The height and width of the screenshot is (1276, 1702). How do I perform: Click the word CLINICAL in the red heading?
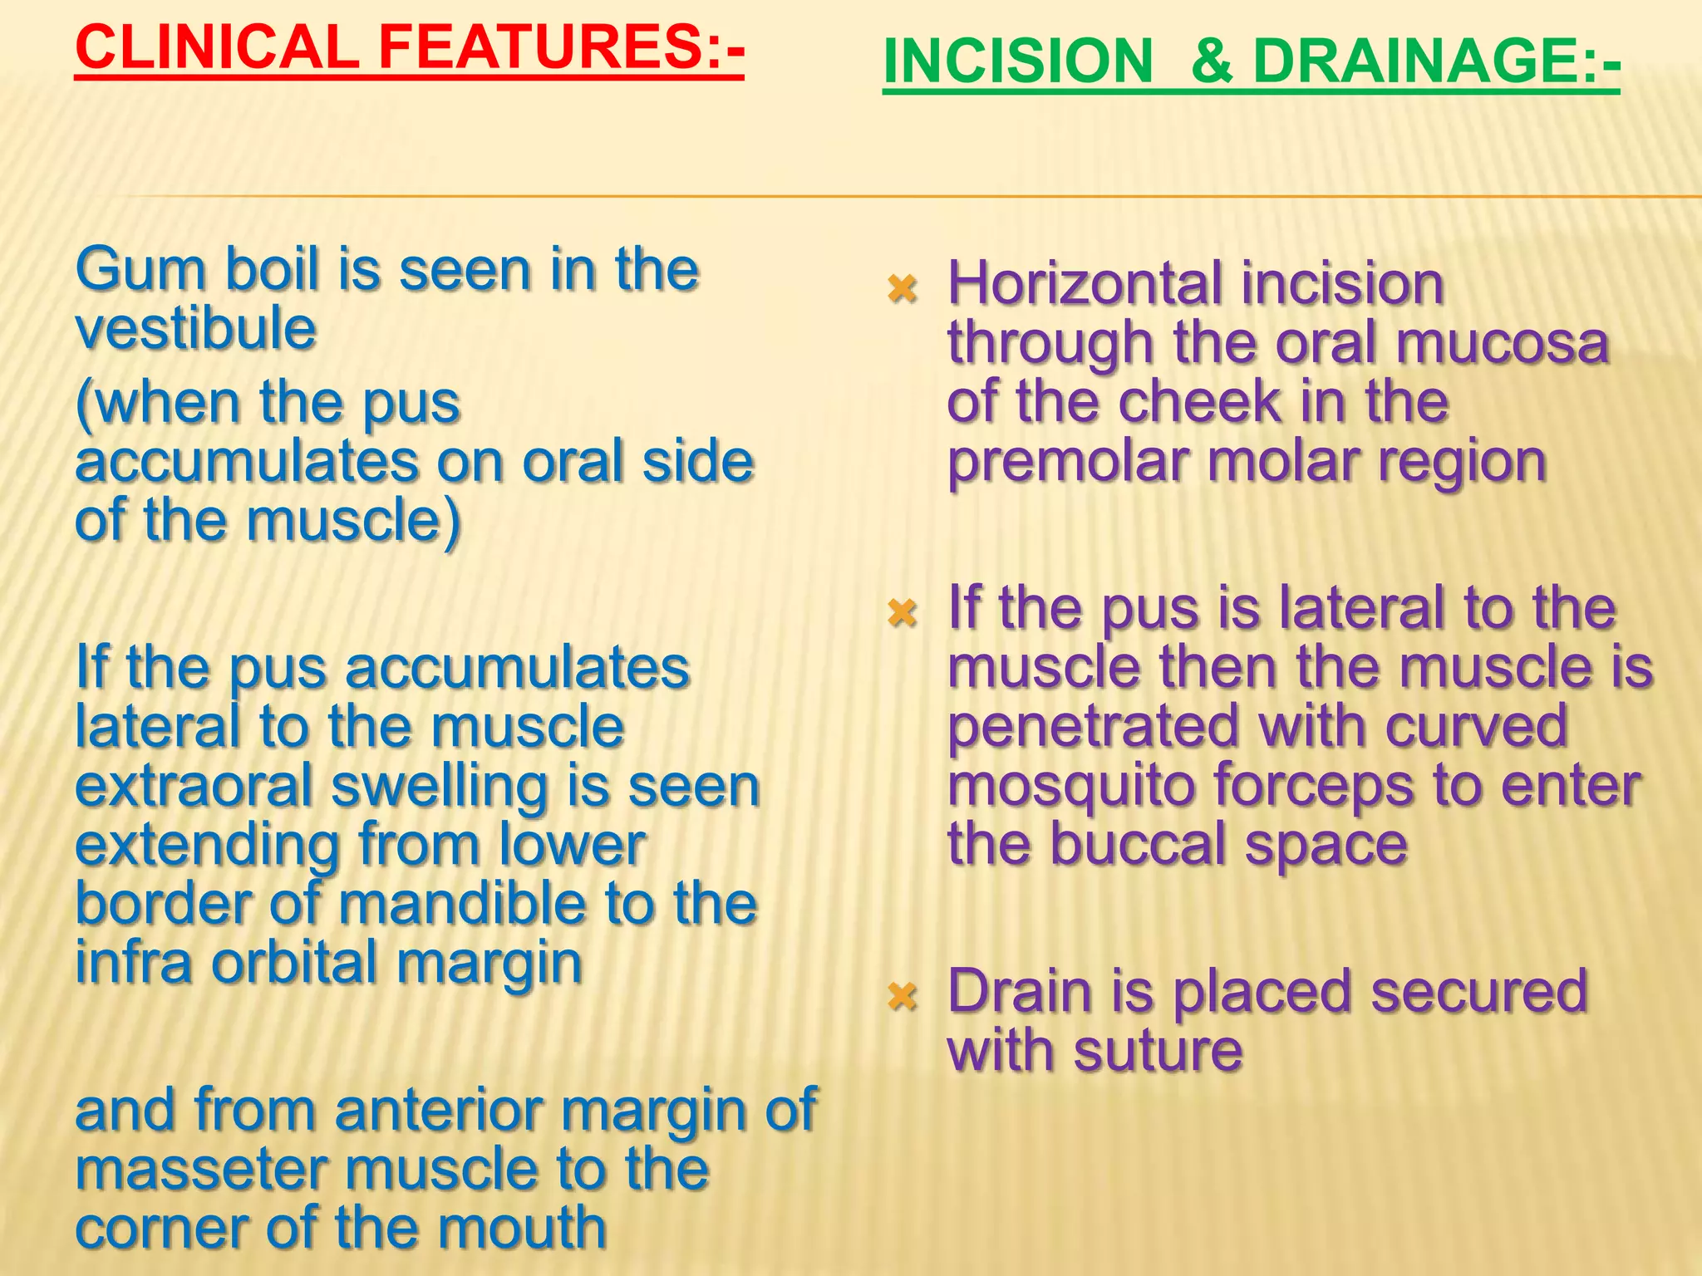coord(217,47)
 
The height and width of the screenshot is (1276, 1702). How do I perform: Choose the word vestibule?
coord(196,329)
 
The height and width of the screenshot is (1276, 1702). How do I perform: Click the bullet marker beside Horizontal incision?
coord(902,289)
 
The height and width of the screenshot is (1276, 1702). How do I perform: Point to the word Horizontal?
coord(1084,284)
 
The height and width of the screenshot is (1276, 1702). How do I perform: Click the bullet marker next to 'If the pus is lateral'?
coord(902,613)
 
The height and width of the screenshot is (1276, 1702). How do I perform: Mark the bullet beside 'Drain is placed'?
coord(902,995)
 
